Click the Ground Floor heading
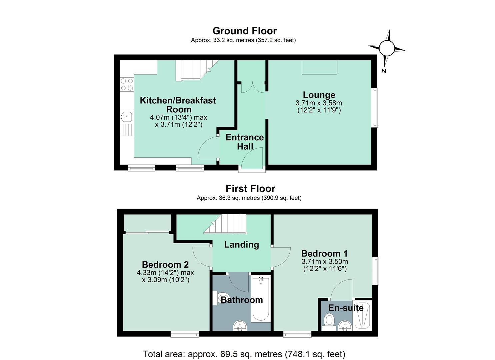point(244,31)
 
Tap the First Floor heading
point(250,189)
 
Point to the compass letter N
point(384,71)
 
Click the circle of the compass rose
point(387,48)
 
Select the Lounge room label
point(319,95)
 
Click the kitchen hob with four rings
point(127,84)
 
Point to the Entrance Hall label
point(245,142)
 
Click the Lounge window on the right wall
point(375,108)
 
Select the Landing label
point(241,244)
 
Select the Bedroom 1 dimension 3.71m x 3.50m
point(325,261)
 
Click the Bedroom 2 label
point(165,265)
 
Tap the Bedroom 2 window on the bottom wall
point(185,334)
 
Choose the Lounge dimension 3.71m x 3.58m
point(319,103)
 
